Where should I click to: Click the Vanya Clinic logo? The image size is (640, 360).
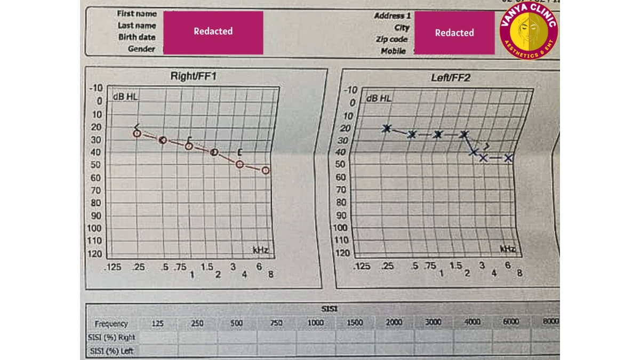coord(528,32)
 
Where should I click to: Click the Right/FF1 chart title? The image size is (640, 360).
coord(193,76)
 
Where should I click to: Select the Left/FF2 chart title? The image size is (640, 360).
coord(450,78)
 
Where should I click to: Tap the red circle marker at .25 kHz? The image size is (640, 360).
coord(137,133)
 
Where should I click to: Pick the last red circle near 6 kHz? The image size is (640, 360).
coord(265,170)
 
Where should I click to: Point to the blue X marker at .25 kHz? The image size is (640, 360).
coord(387,128)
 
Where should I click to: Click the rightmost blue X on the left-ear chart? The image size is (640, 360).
coord(508,158)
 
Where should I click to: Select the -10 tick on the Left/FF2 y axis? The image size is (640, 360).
coord(350,90)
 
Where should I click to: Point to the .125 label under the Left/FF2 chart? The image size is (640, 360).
coord(362,266)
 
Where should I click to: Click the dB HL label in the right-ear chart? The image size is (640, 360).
coord(125,97)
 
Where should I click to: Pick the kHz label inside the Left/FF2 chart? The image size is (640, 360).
coord(507,249)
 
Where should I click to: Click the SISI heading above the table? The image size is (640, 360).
coord(329,309)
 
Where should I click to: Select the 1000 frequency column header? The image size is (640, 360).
coord(315,323)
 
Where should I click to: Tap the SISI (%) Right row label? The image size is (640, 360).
coord(111,337)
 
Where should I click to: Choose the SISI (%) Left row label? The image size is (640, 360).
coord(111,350)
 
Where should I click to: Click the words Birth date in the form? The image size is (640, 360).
coord(137,37)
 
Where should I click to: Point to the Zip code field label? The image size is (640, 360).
coord(391,39)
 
